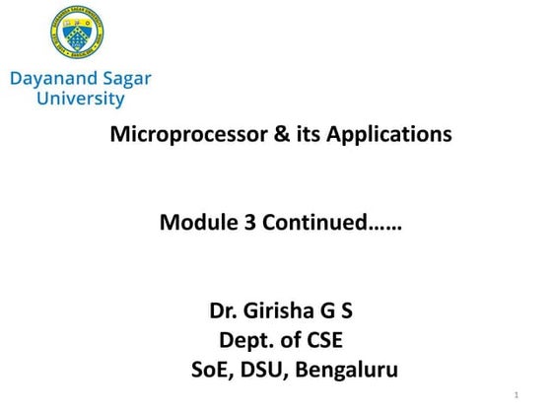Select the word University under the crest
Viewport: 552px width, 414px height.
click(x=80, y=99)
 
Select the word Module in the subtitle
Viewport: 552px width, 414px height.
click(x=193, y=223)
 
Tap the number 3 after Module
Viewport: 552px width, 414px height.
click(x=239, y=223)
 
